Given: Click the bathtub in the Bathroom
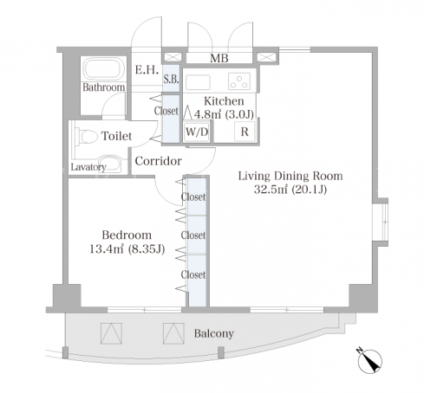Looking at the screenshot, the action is pyautogui.click(x=104, y=69).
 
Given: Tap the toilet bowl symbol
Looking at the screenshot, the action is pyautogui.click(x=87, y=136).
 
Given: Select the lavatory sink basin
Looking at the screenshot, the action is pyautogui.click(x=109, y=164).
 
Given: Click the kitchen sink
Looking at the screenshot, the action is pyautogui.click(x=198, y=82).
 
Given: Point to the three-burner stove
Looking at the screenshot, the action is pyautogui.click(x=239, y=81).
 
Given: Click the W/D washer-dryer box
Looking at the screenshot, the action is pyautogui.click(x=197, y=132).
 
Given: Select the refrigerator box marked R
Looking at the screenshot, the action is pyautogui.click(x=245, y=132).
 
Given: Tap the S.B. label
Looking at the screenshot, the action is pyautogui.click(x=171, y=79).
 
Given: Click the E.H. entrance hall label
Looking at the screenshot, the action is pyautogui.click(x=147, y=70).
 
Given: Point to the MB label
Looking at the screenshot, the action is pyautogui.click(x=219, y=58).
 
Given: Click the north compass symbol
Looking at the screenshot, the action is pyautogui.click(x=369, y=361).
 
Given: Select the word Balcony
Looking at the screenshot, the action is pyautogui.click(x=214, y=333).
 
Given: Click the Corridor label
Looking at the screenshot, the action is pyautogui.click(x=158, y=161).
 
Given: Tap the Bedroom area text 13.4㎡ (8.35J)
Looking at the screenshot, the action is pyautogui.click(x=127, y=248).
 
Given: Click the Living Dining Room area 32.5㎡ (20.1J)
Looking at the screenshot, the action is pyautogui.click(x=290, y=190).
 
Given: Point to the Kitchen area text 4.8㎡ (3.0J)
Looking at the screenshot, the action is pyautogui.click(x=224, y=114).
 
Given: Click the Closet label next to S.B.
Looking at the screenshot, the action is pyautogui.click(x=166, y=111).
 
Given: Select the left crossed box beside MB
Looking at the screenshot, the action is pyautogui.click(x=173, y=57).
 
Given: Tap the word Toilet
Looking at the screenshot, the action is pyautogui.click(x=116, y=136).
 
